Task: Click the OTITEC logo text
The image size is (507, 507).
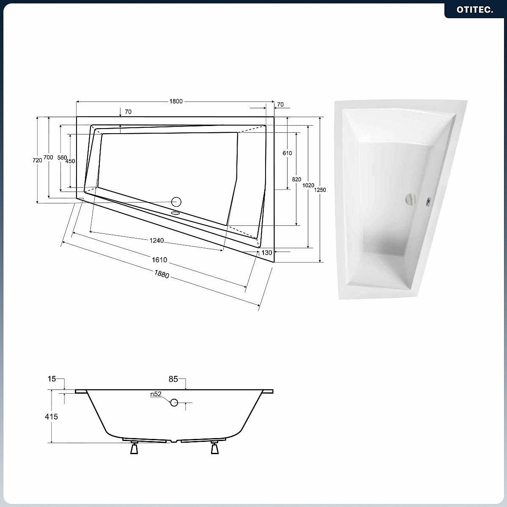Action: click(475, 10)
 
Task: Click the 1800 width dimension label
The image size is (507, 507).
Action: click(176, 101)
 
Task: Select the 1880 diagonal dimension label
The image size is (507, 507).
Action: click(162, 274)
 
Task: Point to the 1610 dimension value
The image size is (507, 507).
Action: click(159, 260)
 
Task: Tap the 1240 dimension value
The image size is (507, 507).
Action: click(156, 241)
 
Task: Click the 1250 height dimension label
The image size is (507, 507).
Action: click(320, 190)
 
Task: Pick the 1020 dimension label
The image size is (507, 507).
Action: click(308, 185)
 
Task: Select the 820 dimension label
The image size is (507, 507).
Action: click(296, 179)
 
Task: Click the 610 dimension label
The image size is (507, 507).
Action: click(287, 153)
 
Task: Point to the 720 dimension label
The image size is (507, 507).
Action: click(37, 160)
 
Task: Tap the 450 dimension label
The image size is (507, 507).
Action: click(70, 161)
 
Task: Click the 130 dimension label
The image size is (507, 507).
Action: click(267, 253)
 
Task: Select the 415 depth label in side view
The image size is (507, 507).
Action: click(52, 417)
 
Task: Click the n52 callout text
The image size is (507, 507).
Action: click(156, 394)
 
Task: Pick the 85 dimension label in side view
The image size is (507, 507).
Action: click(173, 379)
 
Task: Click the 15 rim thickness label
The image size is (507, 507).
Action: click(52, 378)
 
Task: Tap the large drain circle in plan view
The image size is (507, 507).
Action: click(176, 202)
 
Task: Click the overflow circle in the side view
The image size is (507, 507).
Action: click(174, 403)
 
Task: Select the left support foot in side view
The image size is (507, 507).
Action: click(134, 447)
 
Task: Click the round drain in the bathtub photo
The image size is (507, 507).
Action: click(411, 199)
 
